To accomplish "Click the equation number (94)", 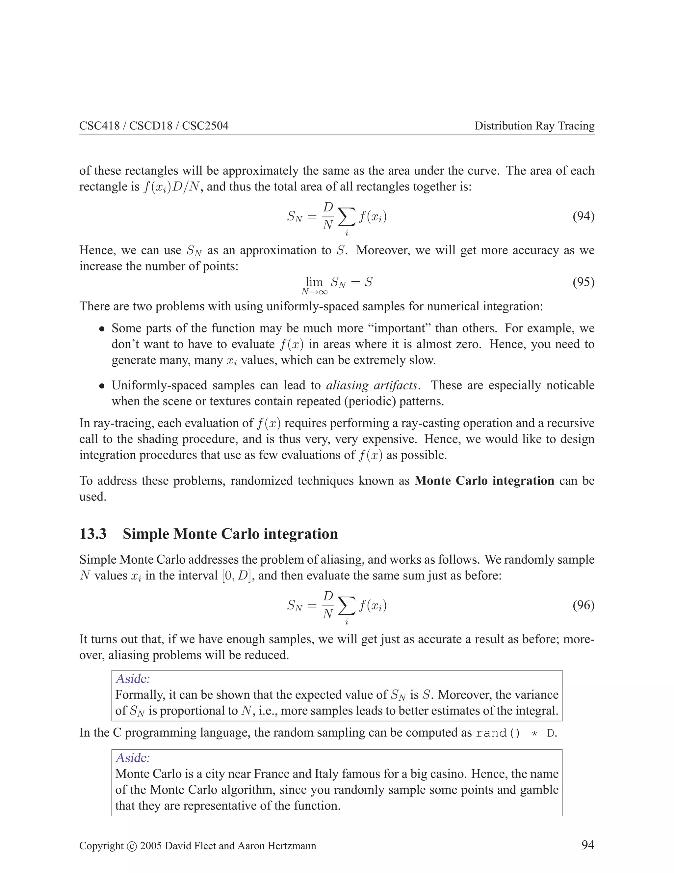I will pos(583,217).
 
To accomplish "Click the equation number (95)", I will pos(583,282).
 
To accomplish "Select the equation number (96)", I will pos(583,605).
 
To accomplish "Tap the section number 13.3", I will pos(93,534).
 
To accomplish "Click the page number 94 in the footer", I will pos(588,845).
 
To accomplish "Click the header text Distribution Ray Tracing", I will pos(534,126).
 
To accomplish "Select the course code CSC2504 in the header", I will pos(205,126).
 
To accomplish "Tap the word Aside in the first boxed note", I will pos(133,679).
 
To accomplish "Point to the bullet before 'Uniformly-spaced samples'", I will pos(102,386).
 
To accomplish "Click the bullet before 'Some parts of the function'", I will pos(102,329).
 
